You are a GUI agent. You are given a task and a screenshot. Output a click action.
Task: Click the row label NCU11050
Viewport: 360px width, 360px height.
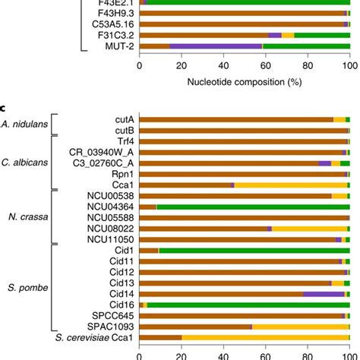tap(109, 238)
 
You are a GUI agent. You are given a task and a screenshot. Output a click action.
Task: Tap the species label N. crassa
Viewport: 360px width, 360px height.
tap(27, 216)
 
